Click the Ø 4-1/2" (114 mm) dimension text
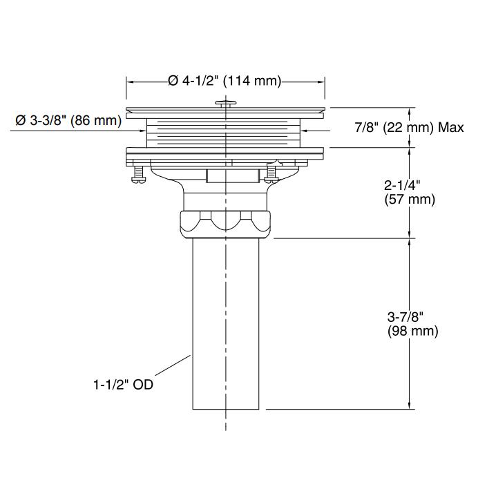pos(225,81)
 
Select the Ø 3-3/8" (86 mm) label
pos(68,121)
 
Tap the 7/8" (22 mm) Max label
pos(409,127)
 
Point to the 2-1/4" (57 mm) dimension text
pos(409,193)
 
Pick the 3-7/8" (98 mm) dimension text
pos(412,323)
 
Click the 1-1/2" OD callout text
pos(123,385)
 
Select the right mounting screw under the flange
pos(271,171)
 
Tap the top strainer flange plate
pos(225,109)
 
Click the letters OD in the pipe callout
pos(143,385)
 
